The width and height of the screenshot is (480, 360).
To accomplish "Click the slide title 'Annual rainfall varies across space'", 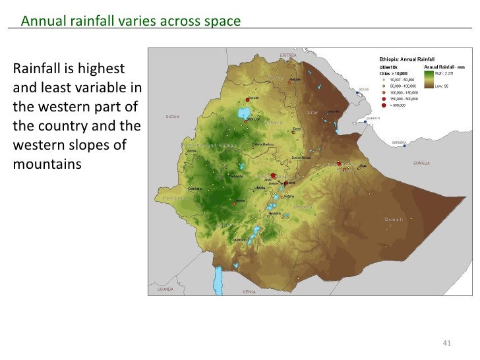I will [x=131, y=21].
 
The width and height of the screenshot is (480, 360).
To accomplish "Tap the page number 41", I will [x=446, y=342].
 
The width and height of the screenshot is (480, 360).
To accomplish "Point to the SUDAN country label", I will [x=173, y=116].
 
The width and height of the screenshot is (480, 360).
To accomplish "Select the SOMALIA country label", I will [x=421, y=162].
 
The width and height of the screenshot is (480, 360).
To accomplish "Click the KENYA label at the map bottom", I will [x=249, y=291].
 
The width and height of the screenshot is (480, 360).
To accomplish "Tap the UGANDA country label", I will [x=165, y=289].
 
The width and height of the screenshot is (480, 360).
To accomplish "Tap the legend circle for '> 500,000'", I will [x=384, y=105].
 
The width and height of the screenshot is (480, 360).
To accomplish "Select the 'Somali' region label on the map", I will [x=394, y=219].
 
